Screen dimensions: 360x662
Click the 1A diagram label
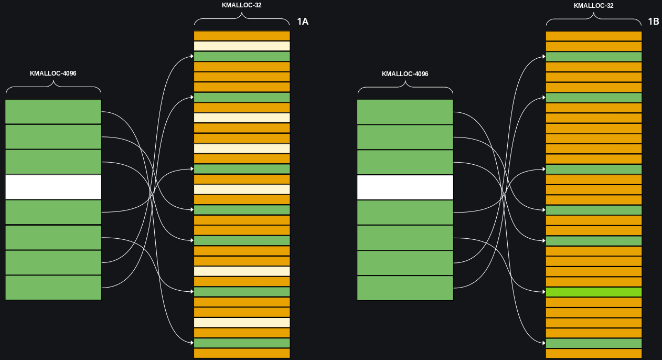pos(303,22)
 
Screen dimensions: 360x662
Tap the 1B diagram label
pos(653,22)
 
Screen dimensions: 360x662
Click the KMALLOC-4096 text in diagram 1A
pos(53,73)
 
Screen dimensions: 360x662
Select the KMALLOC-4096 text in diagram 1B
pos(405,74)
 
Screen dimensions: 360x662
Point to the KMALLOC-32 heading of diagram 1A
pos(242,5)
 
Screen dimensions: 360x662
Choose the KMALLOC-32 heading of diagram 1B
pos(594,6)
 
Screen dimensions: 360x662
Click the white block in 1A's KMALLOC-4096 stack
pos(53,187)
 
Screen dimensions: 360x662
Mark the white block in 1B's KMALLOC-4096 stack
pos(405,187)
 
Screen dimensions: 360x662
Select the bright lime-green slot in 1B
pos(594,292)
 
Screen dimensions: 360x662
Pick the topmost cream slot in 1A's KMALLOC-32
pos(242,46)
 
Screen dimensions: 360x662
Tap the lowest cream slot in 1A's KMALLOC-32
pos(242,322)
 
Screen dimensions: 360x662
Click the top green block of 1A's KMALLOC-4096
pos(53,112)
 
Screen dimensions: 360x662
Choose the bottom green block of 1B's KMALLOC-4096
pos(405,288)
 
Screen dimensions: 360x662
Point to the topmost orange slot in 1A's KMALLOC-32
pos(242,36)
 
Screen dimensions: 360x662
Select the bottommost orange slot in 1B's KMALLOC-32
pos(594,353)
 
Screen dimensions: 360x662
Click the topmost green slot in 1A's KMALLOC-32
pos(242,56)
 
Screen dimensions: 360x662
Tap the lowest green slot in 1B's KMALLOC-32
pos(594,343)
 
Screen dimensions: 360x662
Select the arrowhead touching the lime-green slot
pos(543,292)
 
